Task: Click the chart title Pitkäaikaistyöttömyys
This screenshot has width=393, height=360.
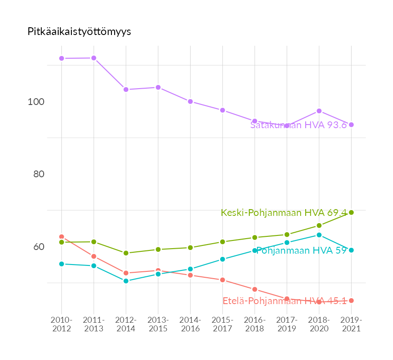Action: point(79,31)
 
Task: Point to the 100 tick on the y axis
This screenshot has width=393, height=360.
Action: point(36,101)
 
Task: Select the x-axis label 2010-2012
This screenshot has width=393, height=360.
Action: point(61,324)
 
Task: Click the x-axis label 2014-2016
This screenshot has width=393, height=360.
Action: point(190,324)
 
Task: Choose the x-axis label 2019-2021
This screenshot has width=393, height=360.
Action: point(351,324)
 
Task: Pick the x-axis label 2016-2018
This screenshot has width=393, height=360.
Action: point(255,324)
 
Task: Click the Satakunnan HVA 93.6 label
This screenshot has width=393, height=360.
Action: point(298,125)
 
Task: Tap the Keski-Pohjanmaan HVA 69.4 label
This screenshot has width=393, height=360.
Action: point(284,213)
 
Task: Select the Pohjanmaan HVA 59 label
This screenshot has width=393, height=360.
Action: point(302,250)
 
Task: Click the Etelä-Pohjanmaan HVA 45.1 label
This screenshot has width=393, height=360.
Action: point(284,300)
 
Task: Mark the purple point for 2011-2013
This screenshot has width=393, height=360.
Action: point(94,58)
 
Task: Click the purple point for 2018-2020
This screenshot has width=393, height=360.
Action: point(319,111)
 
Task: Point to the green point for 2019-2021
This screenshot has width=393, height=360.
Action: point(351,212)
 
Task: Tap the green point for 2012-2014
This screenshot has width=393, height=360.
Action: point(126,253)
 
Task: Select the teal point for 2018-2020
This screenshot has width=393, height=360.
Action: point(319,235)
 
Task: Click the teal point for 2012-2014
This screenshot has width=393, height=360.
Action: point(126,281)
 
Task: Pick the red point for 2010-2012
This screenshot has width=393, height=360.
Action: point(61,237)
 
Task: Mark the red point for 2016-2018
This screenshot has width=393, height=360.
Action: point(255,289)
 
